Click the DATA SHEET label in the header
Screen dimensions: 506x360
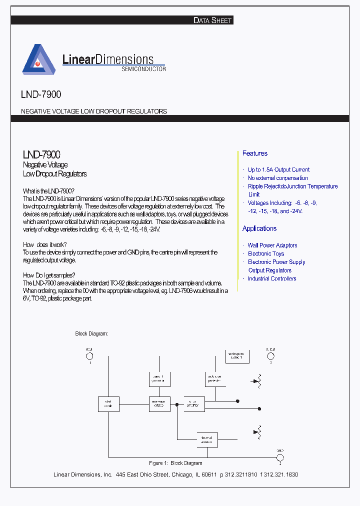pos(212,20)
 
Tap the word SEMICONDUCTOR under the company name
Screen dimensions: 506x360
pos(143,69)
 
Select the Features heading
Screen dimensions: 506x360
pos(255,153)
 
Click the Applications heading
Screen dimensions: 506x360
pos(259,228)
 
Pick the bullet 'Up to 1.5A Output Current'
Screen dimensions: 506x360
pos(278,170)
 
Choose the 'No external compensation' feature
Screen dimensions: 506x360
pos(277,178)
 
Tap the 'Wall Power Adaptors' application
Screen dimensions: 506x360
pos(272,245)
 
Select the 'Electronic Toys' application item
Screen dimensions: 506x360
pos(266,254)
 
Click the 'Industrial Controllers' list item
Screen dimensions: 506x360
pos(272,279)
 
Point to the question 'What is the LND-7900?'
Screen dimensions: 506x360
pos(49,191)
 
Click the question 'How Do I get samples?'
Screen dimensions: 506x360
pos(49,275)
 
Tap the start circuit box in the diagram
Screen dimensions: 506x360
pos(108,404)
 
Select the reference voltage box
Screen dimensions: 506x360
pos(160,404)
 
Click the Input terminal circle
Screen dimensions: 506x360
pos(90,356)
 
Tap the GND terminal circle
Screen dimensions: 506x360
pos(280,457)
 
